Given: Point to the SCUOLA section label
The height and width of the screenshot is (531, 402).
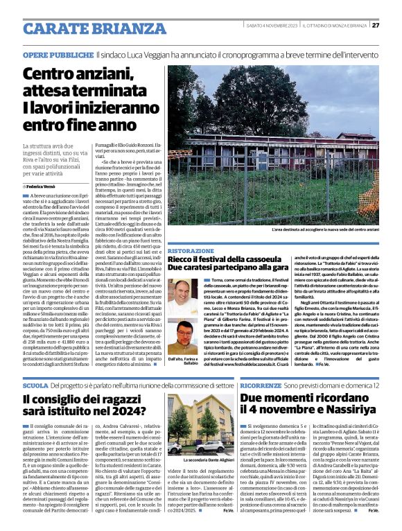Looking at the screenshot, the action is [x=35, y=385].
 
